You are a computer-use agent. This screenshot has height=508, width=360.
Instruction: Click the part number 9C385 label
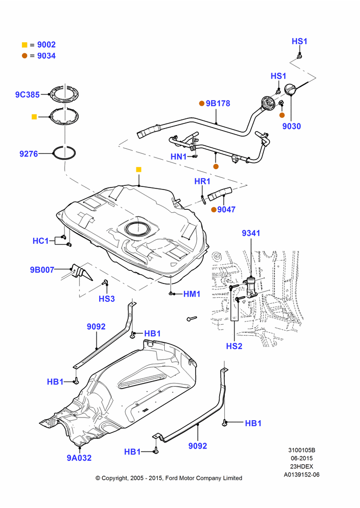[x=27, y=94]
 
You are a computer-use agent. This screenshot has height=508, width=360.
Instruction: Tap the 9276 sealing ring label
[x=29, y=153]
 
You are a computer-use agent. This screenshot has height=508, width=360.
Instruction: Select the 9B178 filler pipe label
[x=218, y=103]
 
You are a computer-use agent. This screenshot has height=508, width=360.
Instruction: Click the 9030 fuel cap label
[x=291, y=126]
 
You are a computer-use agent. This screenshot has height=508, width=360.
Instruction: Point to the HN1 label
[x=178, y=157]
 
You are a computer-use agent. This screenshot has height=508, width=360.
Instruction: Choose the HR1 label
[x=202, y=181]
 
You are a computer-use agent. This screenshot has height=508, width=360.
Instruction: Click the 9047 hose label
[x=226, y=210]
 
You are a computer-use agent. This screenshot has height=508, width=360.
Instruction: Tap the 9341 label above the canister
[x=251, y=233]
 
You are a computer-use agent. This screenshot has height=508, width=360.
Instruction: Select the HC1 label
[x=41, y=241]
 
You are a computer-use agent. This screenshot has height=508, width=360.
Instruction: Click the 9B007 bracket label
[x=42, y=270]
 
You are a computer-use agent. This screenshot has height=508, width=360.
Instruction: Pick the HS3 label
[x=107, y=299]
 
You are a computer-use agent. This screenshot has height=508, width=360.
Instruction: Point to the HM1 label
[x=192, y=294]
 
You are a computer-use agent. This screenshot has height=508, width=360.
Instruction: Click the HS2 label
[x=234, y=346]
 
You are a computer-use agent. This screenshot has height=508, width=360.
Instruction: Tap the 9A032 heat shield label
[x=79, y=458]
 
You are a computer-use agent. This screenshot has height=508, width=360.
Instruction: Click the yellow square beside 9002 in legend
[x=24, y=45]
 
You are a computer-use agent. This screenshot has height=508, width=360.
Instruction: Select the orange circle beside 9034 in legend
[x=24, y=56]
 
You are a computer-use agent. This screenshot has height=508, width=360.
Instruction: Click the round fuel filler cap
[x=290, y=90]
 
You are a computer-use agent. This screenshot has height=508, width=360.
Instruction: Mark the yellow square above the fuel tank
[x=139, y=170]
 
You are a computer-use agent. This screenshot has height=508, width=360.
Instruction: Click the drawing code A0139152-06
[x=302, y=474]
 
